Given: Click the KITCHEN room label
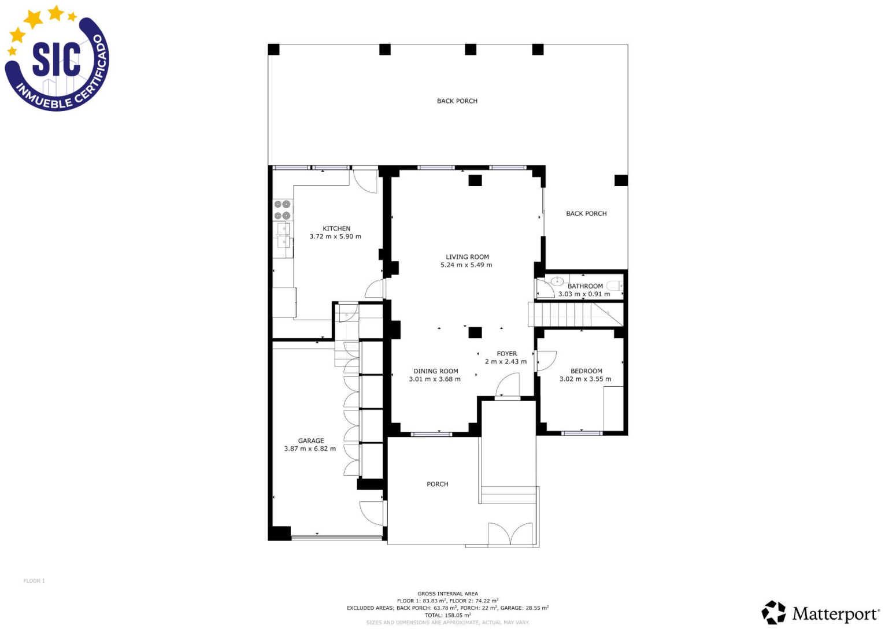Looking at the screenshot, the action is [x=336, y=228].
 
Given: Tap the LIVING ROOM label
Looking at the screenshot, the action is [x=467, y=257].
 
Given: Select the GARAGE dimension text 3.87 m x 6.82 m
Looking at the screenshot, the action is [x=310, y=449].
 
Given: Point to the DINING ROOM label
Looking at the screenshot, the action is [x=436, y=371].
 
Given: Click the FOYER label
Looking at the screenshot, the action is [x=507, y=354].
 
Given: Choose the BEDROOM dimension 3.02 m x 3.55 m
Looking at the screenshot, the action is [x=585, y=379].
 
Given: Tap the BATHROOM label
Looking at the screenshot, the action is [x=585, y=286].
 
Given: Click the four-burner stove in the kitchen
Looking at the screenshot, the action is [x=283, y=210].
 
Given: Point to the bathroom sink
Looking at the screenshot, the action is [x=557, y=281].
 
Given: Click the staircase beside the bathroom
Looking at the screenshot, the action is [x=576, y=314].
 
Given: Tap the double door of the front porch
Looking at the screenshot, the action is [x=510, y=534].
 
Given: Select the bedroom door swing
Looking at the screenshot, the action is [x=546, y=361].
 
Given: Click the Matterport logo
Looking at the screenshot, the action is [x=820, y=613].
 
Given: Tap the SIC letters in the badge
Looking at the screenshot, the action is [x=57, y=60].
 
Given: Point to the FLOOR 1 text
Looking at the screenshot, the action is [x=34, y=580].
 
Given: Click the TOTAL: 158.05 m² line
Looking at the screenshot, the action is [x=447, y=615].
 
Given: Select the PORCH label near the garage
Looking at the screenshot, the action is [x=437, y=484].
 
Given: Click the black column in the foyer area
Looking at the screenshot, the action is [x=475, y=332].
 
